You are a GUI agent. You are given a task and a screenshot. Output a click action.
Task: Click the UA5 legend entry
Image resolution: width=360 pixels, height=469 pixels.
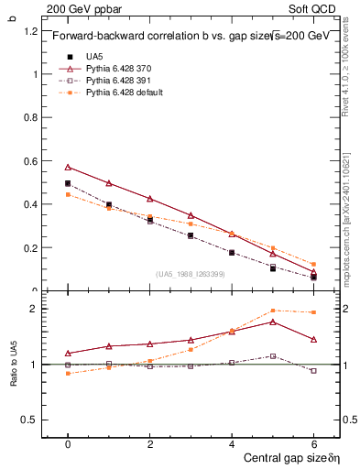(x=95, y=57)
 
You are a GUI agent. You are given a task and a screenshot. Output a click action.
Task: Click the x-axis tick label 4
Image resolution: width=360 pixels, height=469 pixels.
(x=232, y=443)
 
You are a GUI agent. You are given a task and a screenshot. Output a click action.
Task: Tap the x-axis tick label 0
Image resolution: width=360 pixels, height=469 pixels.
(x=68, y=443)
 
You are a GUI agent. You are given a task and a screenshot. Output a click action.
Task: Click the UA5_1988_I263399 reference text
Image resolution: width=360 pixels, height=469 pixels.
(x=190, y=274)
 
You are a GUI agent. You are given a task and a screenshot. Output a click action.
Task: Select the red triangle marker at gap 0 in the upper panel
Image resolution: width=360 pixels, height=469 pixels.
(x=68, y=168)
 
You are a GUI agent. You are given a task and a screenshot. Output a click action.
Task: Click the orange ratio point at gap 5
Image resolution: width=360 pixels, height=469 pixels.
(x=273, y=311)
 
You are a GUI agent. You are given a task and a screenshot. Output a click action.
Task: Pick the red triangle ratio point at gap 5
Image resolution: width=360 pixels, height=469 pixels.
(x=273, y=322)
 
